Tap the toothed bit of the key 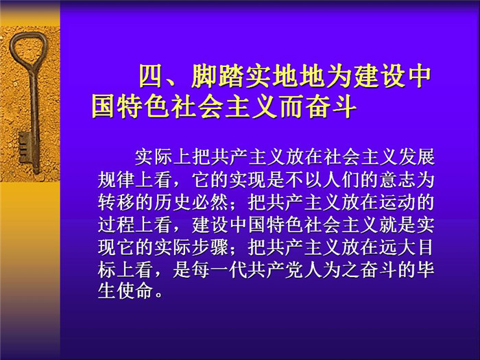click(24, 147)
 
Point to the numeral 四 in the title click(151, 76)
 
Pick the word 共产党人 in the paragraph click(285, 270)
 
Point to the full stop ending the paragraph click(158, 295)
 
